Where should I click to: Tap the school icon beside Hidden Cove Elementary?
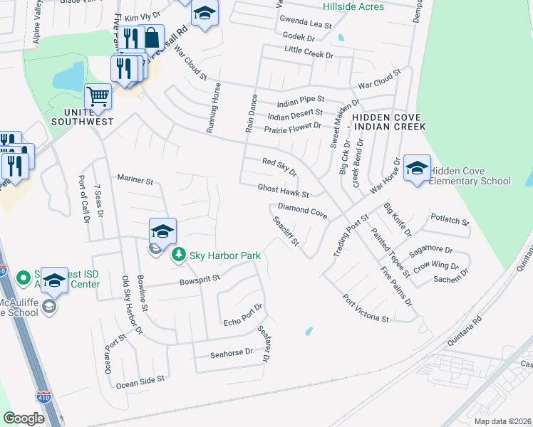pos(417,168)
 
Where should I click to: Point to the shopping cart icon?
pos(98,95)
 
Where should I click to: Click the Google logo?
pos(24,418)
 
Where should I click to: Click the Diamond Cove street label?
pos(302,210)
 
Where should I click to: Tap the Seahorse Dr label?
pos(232,352)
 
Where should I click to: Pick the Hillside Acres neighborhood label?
pos(353,7)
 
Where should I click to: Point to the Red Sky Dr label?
pos(279,167)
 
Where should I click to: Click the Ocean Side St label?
pos(140,382)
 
